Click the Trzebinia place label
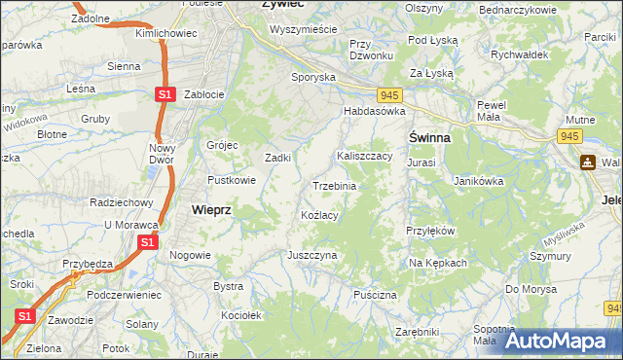(334, 186)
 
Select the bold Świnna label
(428, 138)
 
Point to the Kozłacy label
(319, 215)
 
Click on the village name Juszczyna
(311, 255)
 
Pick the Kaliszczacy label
(364, 156)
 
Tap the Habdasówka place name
(373, 112)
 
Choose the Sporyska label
(313, 76)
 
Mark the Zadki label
(280, 158)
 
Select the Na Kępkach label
(438, 264)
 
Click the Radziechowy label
(121, 202)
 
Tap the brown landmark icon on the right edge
(588, 162)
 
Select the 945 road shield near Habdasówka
(389, 94)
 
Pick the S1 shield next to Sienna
(165, 93)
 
